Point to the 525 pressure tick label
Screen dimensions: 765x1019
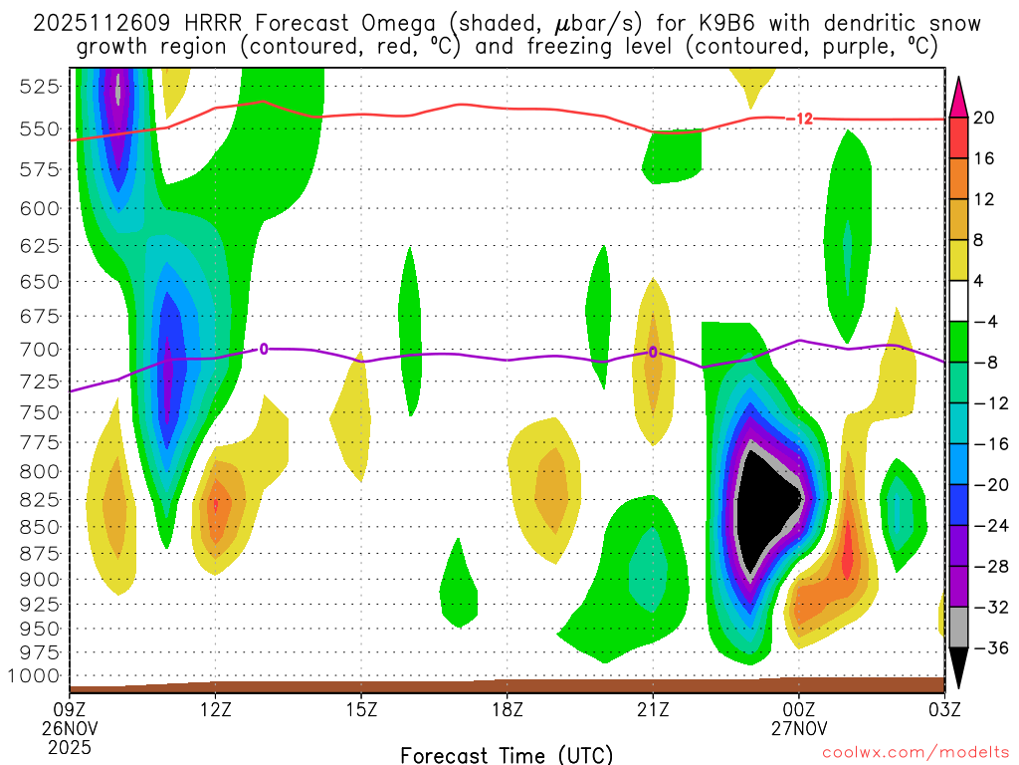tap(39, 87)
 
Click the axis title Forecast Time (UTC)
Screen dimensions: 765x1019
tap(507, 754)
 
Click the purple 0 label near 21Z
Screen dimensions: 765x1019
tap(653, 352)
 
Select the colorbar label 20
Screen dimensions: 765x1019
tap(985, 118)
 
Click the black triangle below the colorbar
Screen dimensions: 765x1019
tap(958, 671)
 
